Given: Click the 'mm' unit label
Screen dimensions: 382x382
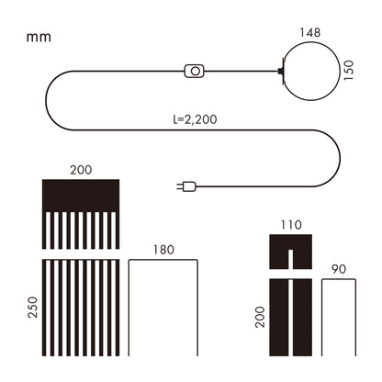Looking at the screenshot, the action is tap(39, 38).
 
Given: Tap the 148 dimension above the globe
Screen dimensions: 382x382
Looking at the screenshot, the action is tap(310, 32).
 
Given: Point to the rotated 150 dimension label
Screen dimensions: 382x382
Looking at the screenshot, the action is tap(348, 71).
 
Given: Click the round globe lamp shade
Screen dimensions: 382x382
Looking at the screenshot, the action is tap(312, 42).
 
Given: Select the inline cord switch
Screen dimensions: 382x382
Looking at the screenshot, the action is tap(195, 71).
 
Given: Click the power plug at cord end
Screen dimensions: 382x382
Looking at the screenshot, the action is tap(186, 186).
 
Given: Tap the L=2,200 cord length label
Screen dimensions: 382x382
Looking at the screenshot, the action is tap(195, 119).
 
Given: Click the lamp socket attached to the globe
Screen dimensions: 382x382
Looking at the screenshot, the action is tap(281, 72).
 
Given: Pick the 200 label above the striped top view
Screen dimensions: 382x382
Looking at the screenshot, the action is tap(81, 170).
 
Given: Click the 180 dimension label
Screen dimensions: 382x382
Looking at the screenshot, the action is tap(163, 250).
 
